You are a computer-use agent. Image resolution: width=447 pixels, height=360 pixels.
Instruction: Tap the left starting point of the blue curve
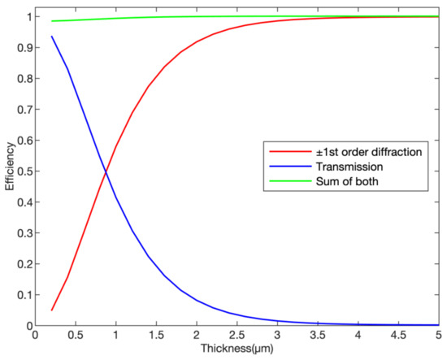pyautogui.click(x=51, y=37)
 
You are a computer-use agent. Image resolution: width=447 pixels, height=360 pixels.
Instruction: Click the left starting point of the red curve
pyautogui.click(x=51, y=310)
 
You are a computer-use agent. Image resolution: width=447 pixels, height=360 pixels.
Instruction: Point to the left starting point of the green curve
pyautogui.click(x=51, y=21)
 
